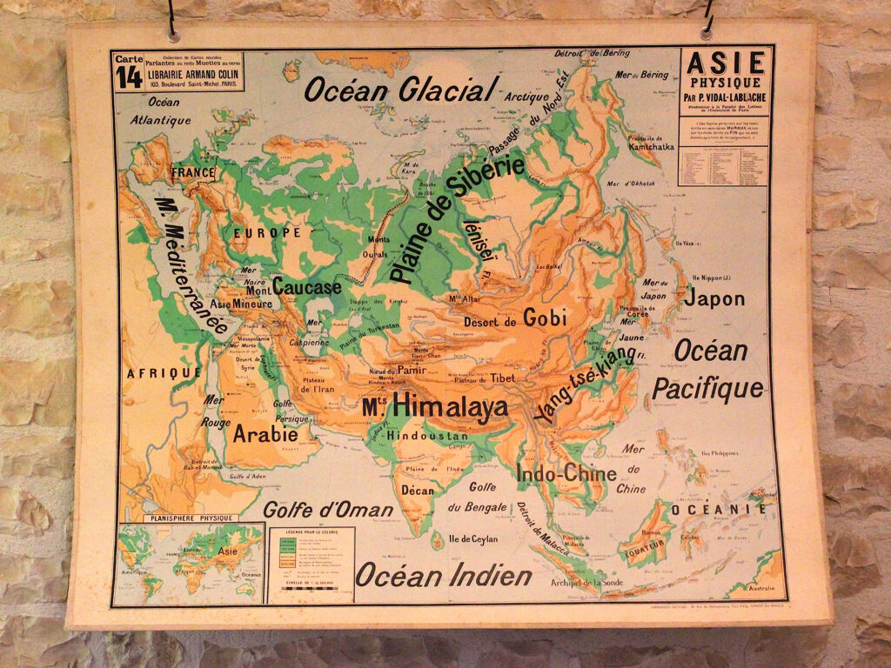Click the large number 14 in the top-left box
[x=128, y=77]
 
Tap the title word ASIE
[x=727, y=63]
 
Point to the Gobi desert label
[x=545, y=318]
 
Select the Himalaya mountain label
[x=436, y=406]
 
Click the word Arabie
[x=265, y=433]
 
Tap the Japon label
[x=713, y=298]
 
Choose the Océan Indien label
[x=443, y=574]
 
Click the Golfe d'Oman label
[x=328, y=510]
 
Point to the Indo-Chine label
[x=566, y=474]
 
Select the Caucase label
[x=306, y=286]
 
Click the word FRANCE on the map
[x=192, y=172]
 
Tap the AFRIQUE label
[x=164, y=372]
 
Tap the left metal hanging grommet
[x=174, y=36]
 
